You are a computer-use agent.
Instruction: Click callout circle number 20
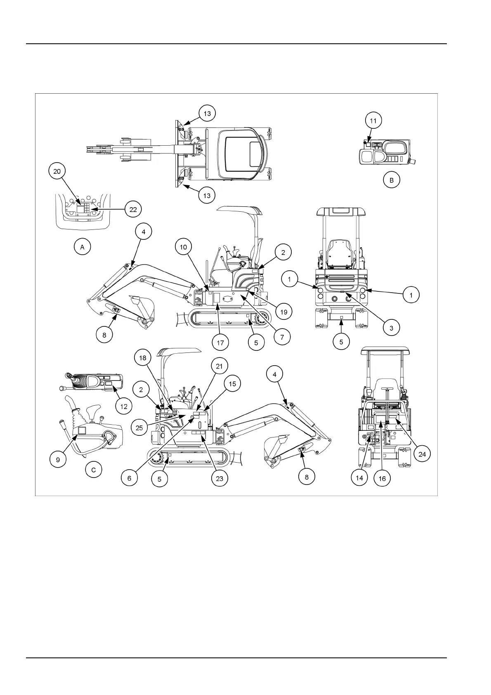tap(57, 171)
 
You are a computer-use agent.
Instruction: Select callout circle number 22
tap(133, 209)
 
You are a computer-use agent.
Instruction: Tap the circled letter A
tap(82, 247)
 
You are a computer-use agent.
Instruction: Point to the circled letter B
tap(391, 180)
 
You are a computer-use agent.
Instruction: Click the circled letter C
tap(94, 470)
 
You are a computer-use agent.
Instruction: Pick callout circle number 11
tap(373, 121)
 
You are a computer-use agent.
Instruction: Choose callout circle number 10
tap(183, 247)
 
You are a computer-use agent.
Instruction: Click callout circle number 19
tap(283, 312)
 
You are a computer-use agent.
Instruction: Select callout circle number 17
tap(221, 342)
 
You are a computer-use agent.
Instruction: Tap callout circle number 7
tap(282, 337)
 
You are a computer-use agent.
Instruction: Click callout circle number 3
tap(391, 328)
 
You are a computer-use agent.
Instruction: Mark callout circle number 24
tap(422, 454)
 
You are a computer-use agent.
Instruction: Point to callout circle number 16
tap(382, 478)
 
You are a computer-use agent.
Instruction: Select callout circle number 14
tap(359, 478)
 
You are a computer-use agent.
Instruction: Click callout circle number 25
tap(139, 428)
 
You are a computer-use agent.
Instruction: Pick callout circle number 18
tap(142, 358)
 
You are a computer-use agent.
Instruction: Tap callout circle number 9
tap(58, 459)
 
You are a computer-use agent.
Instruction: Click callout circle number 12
tap(124, 406)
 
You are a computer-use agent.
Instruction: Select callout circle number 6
tap(129, 478)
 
